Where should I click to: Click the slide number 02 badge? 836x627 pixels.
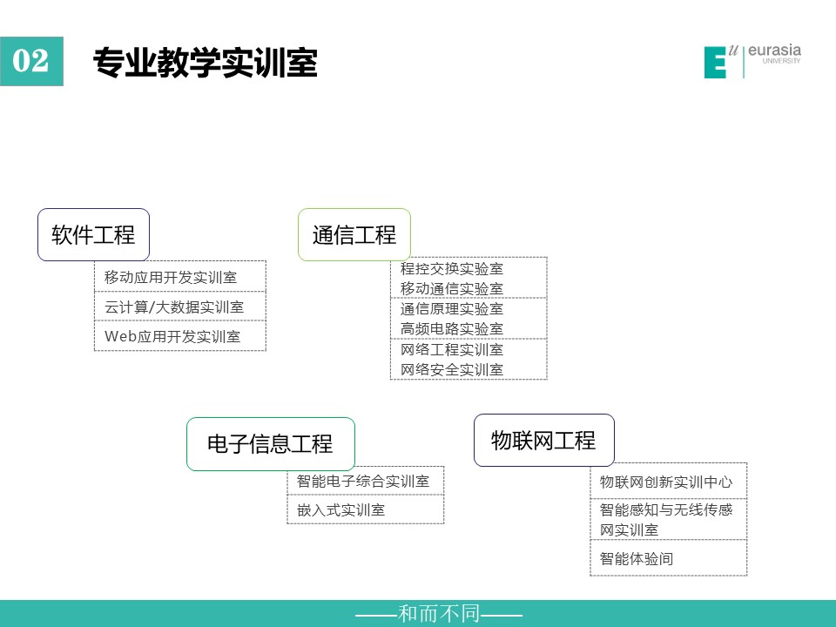click(31, 61)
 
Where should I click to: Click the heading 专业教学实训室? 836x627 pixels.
click(206, 63)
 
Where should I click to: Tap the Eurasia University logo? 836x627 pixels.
click(752, 61)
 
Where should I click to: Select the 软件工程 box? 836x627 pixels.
click(93, 234)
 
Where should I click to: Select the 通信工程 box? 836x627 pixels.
click(354, 234)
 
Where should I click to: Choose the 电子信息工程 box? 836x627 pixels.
click(270, 443)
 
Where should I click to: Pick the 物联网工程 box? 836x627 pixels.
click(543, 441)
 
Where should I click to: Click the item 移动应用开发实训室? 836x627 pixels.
click(171, 277)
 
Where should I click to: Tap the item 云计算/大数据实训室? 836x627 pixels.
click(174, 307)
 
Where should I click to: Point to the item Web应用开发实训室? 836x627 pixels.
click(172, 336)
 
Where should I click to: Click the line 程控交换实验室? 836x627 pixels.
click(452, 269)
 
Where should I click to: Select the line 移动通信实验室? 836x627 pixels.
click(452, 288)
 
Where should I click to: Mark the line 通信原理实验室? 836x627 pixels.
click(452, 308)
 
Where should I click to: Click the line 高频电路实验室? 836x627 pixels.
click(452, 329)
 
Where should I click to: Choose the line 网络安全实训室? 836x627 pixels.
click(452, 369)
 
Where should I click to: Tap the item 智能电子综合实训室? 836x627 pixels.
click(363, 481)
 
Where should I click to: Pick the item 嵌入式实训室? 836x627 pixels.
click(340, 510)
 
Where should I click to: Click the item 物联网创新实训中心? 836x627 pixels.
click(666, 482)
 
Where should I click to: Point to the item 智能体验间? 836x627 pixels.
click(636, 559)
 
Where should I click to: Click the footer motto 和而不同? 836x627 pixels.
click(439, 614)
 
